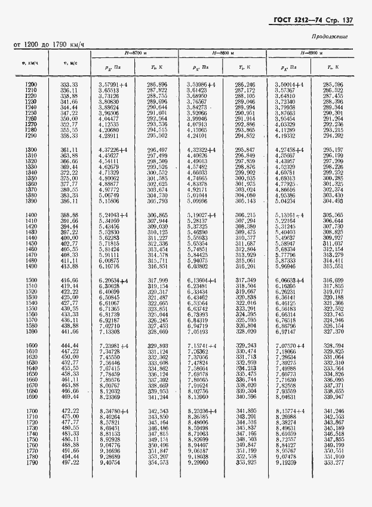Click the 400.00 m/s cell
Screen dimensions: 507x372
point(71,238)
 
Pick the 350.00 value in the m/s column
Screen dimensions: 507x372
point(71,120)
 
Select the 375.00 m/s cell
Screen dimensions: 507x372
point(71,178)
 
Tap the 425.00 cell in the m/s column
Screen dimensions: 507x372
point(71,297)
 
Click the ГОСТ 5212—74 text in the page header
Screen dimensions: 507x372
point(287,22)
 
